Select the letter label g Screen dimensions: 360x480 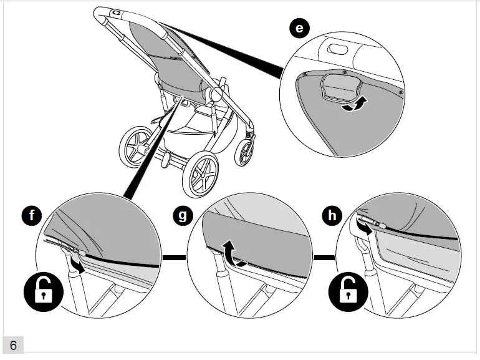coord(183,216)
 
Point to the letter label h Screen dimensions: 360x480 coord(334,216)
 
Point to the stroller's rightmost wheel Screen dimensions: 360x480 coord(245,152)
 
